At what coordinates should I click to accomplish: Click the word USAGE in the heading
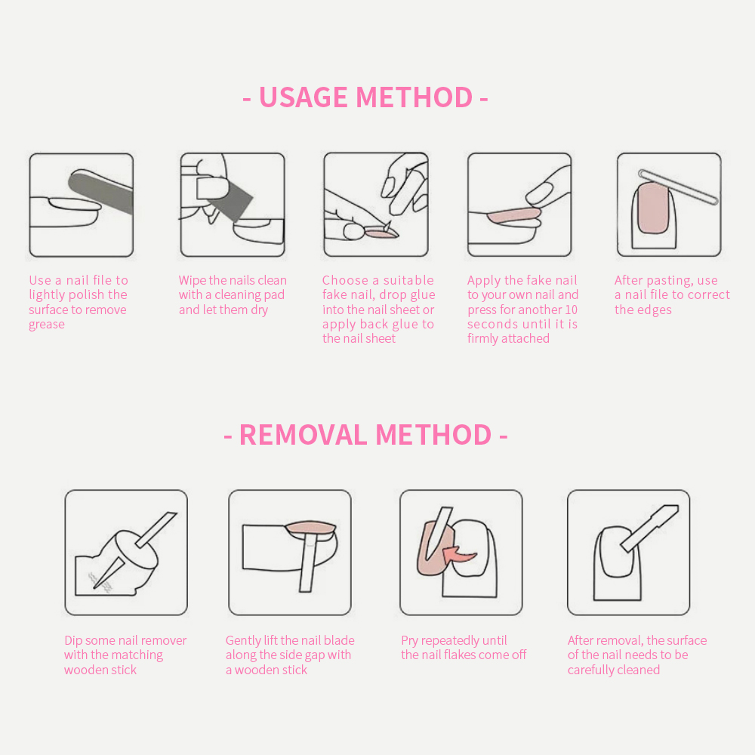click(304, 97)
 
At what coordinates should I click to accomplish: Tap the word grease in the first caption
click(47, 325)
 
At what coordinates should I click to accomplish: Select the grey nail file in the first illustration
click(100, 191)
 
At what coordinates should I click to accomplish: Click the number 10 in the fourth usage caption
click(571, 310)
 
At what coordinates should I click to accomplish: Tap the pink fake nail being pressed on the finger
click(514, 215)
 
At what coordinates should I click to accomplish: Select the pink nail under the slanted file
click(653, 208)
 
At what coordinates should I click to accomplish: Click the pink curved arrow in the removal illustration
click(459, 554)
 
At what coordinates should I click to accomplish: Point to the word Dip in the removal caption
click(73, 641)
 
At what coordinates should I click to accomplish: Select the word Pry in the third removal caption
click(410, 641)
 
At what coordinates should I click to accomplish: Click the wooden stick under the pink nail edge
click(309, 563)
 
